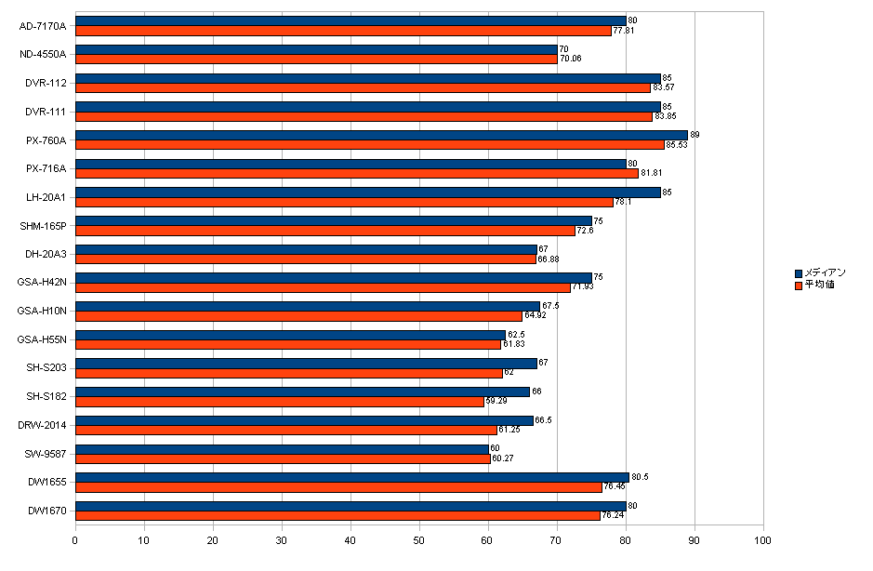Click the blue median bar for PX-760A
(381, 135)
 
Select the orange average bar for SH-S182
(279, 402)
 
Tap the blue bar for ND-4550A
(316, 49)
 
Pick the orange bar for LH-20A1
(344, 202)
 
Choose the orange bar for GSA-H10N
(298, 316)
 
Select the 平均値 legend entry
(818, 285)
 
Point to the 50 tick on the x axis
(419, 539)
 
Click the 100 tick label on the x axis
(763, 539)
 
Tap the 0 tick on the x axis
(75, 539)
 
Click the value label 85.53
(677, 145)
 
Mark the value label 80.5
(640, 477)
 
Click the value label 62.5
(516, 334)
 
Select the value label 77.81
(624, 31)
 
